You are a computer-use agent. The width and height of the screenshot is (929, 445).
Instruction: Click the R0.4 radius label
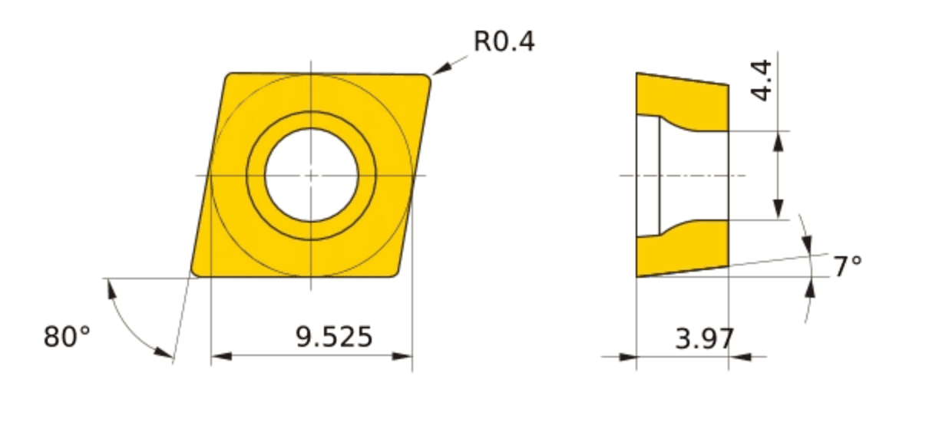(x=504, y=41)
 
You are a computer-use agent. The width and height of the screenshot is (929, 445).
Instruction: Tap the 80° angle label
(x=67, y=336)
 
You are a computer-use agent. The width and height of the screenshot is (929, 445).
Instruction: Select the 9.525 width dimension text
(x=334, y=337)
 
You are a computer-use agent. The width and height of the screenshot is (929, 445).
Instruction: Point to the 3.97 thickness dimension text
(x=704, y=338)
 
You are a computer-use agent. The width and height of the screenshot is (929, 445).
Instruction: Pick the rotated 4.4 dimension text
(x=762, y=81)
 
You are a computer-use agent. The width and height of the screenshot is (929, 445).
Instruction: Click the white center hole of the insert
(x=311, y=175)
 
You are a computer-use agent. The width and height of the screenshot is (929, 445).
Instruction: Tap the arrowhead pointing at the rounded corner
(x=441, y=69)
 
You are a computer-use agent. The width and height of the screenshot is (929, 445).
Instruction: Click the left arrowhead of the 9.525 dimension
(x=221, y=356)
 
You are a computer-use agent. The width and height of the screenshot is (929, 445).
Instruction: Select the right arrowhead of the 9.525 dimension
(x=402, y=356)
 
